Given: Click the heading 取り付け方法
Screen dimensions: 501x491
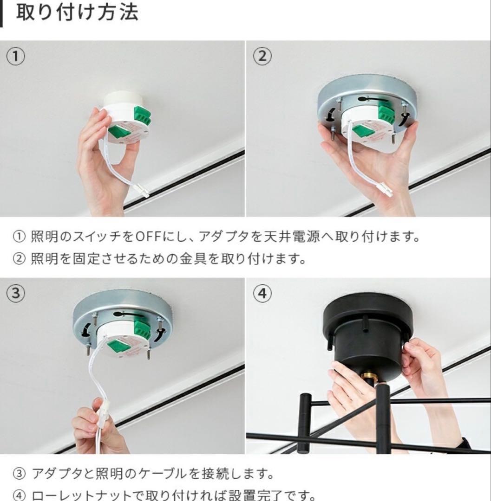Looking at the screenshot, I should click(77, 13).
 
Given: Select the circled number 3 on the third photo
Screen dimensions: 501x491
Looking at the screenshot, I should click(15, 294).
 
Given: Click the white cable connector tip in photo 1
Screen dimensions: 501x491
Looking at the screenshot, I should click(143, 191).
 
